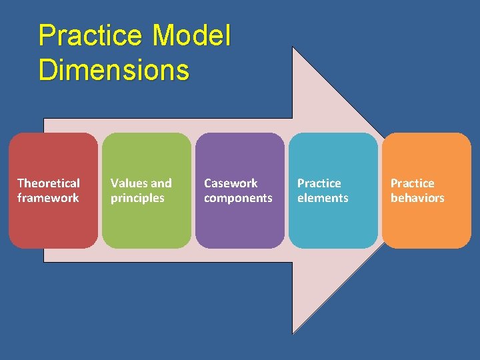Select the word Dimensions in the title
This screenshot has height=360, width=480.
(114, 69)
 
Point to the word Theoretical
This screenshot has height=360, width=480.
(49, 183)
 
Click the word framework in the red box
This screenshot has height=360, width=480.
(48, 198)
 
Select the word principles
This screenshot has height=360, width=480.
(137, 198)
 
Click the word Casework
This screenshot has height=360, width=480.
(231, 183)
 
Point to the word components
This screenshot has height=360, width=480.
(238, 198)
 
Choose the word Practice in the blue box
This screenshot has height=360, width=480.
(319, 183)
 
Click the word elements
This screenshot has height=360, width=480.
(323, 198)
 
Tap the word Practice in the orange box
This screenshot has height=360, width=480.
(412, 183)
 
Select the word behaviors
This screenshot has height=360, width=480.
(417, 198)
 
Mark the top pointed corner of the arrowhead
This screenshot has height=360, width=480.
(293, 47)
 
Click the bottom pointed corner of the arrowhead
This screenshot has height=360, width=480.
(293, 333)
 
